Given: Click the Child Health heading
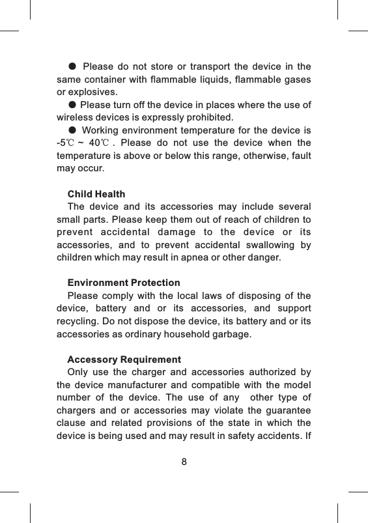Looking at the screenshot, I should point(96,195).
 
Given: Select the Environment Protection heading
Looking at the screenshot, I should point(124,283).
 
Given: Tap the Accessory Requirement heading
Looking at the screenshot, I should point(124,360).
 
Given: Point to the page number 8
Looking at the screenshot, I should point(184,462).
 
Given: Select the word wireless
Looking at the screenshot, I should point(74,118).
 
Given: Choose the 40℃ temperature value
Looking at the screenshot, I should point(99,143).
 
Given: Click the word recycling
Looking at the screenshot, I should point(78,322).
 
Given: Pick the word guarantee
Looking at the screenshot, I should point(285,411).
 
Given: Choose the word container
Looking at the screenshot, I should point(104,79).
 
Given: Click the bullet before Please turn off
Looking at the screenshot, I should point(72,106).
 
